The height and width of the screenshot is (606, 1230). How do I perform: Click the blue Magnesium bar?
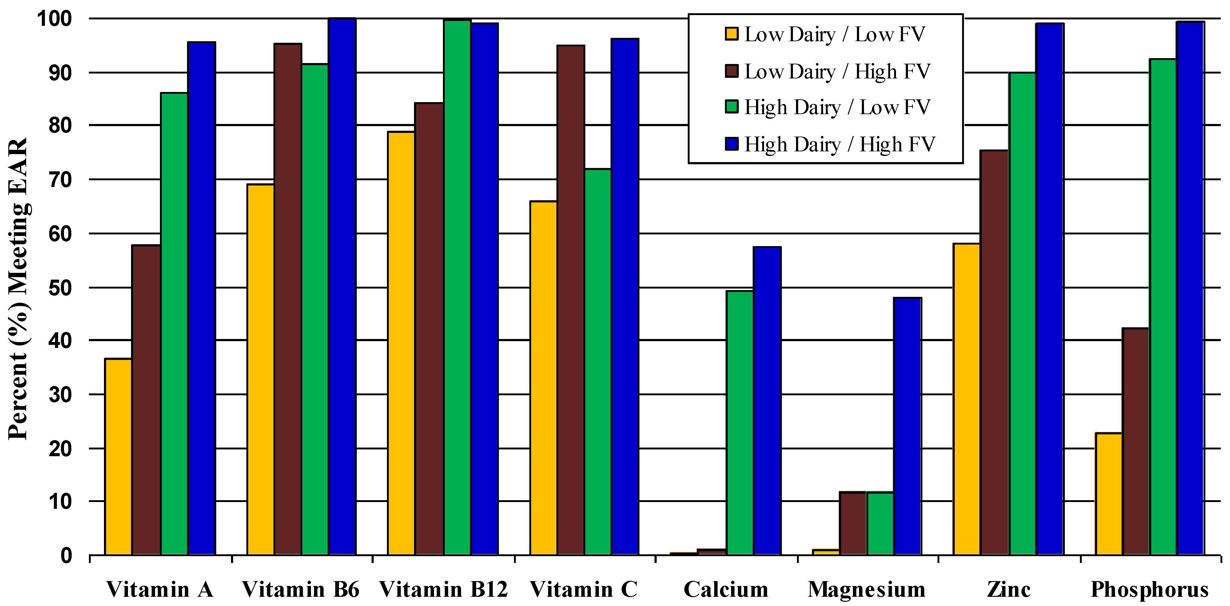[x=907, y=426]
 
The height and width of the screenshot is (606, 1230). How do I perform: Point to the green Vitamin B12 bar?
[x=457, y=286]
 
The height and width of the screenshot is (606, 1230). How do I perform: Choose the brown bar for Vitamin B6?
[x=288, y=299]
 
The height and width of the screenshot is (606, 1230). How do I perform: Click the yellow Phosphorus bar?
[x=1108, y=494]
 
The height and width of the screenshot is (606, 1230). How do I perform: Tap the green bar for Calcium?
[x=740, y=423]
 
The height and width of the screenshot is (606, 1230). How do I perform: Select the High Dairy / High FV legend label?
[x=839, y=144]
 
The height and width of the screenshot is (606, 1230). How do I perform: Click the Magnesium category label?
[x=867, y=589]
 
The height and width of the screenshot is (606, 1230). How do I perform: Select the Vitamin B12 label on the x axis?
[x=444, y=589]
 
